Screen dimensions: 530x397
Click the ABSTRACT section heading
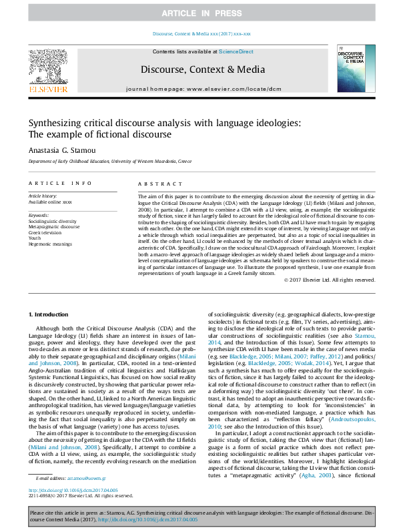tap(156, 183)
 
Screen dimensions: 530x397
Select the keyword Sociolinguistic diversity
tap(52, 220)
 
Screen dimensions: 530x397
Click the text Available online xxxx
tap(50, 202)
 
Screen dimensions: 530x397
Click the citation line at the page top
tap(201, 33)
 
